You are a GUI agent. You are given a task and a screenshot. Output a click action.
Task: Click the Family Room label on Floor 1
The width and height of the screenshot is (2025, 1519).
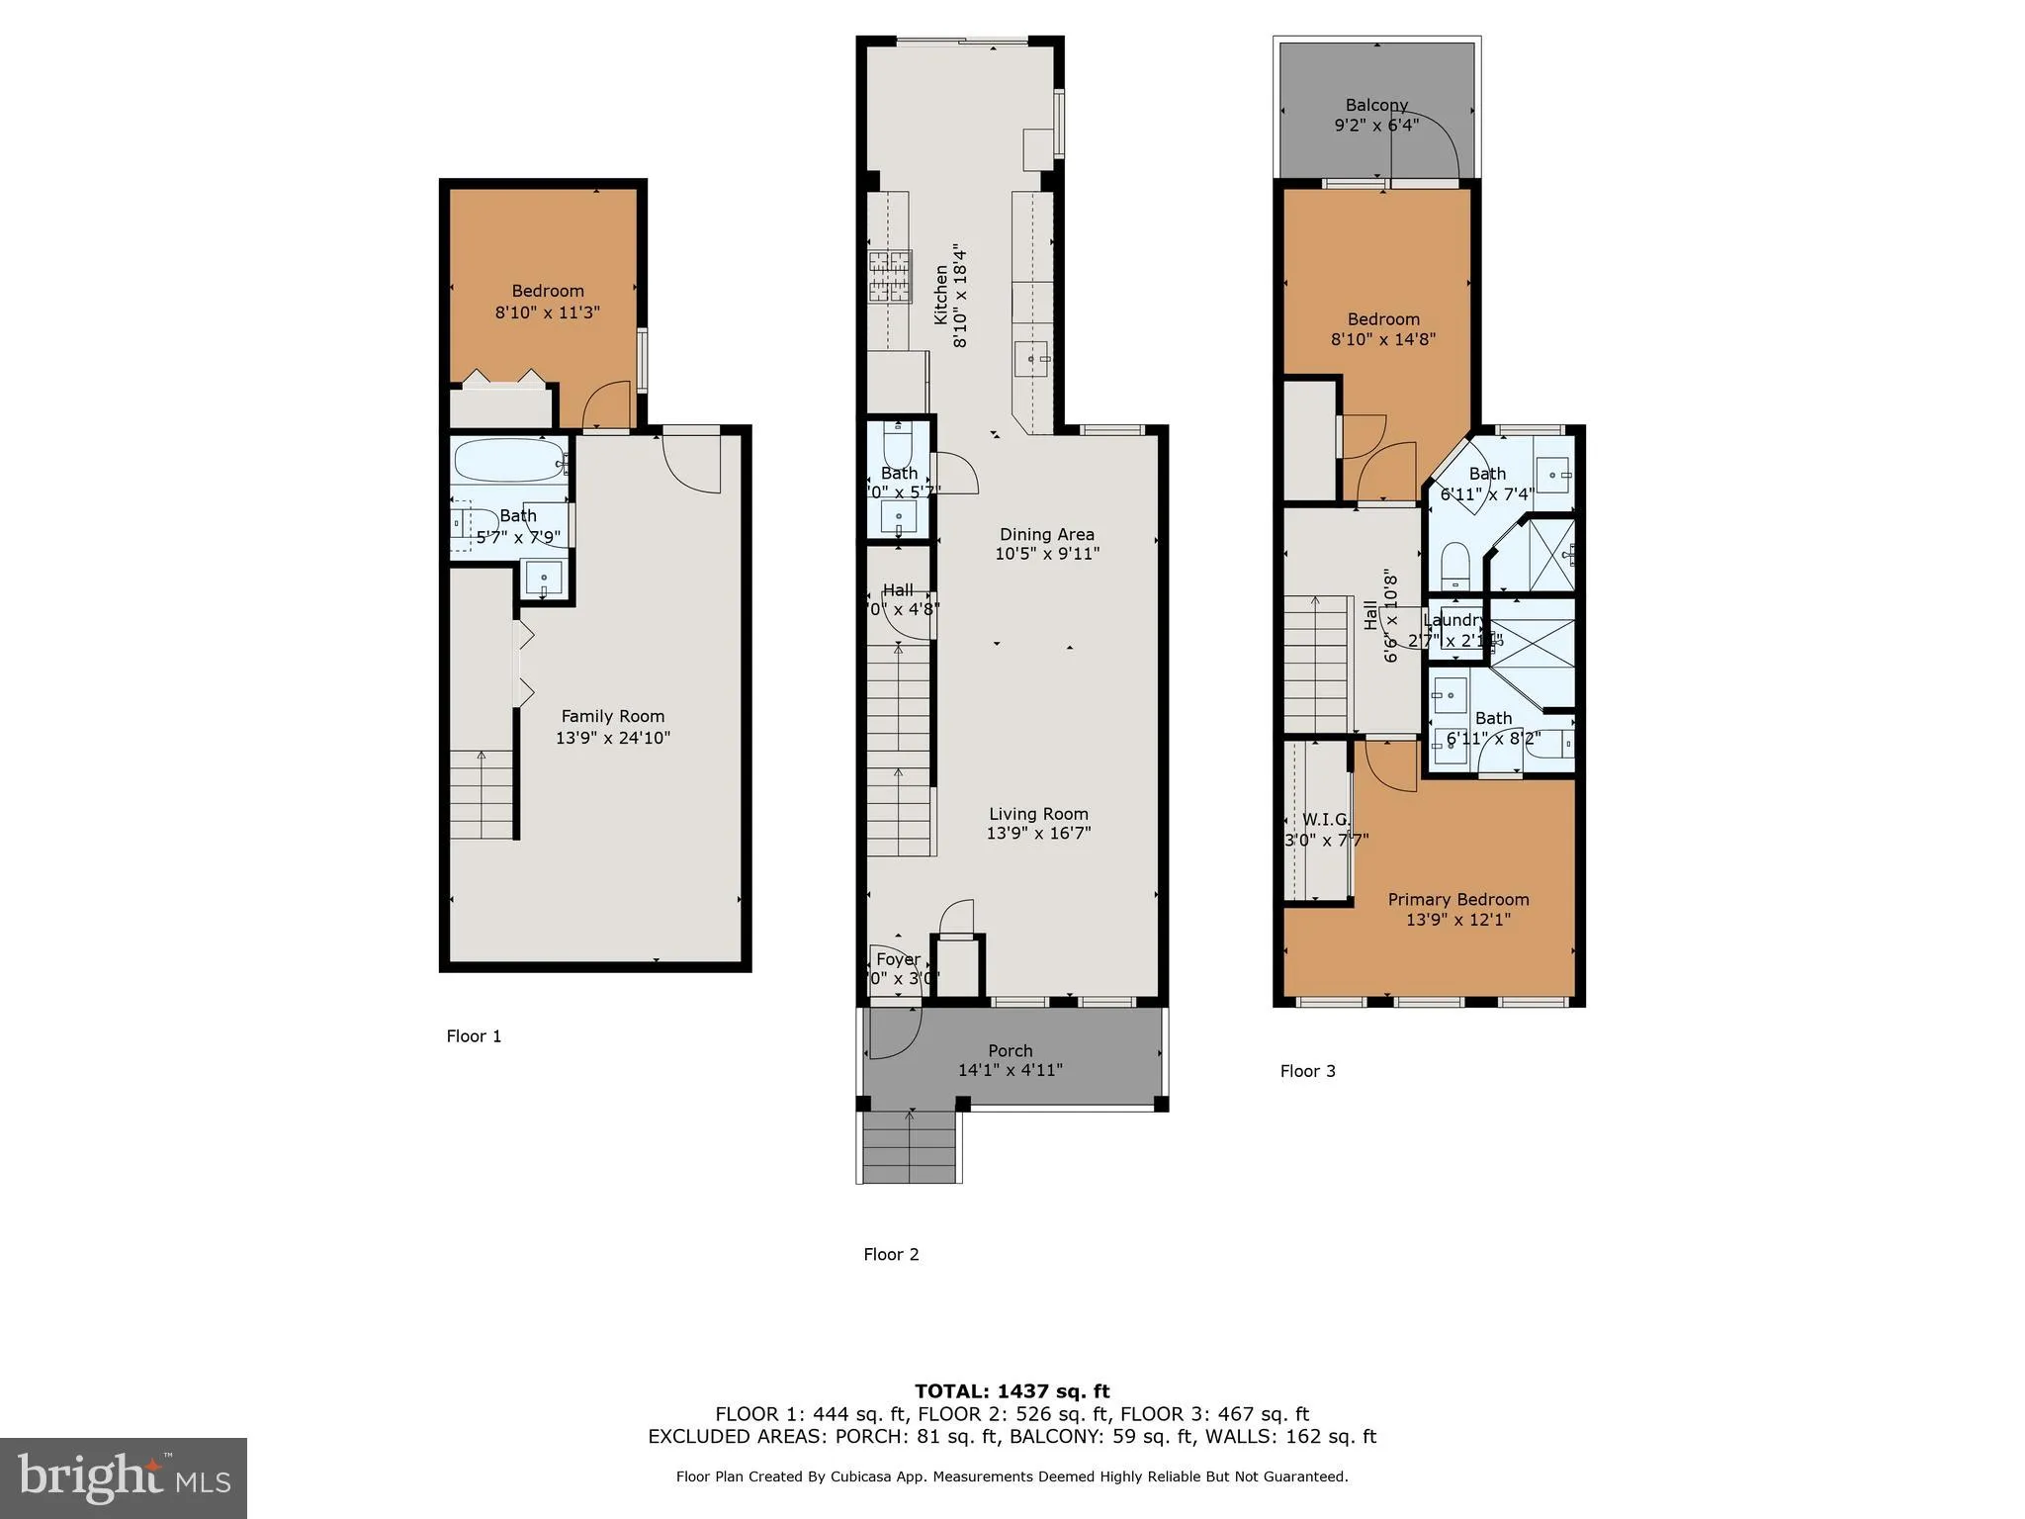click(x=612, y=716)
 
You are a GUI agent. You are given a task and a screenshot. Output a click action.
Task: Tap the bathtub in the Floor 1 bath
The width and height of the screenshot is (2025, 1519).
click(x=508, y=461)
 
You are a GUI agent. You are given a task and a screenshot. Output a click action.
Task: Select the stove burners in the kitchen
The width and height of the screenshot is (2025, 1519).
click(x=889, y=277)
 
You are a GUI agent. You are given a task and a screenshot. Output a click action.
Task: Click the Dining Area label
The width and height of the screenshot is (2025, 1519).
click(x=1046, y=534)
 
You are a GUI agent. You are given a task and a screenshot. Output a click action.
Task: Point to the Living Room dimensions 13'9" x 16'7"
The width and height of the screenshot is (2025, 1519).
click(x=1038, y=833)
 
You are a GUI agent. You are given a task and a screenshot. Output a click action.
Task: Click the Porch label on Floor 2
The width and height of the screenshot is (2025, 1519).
click(x=1010, y=1050)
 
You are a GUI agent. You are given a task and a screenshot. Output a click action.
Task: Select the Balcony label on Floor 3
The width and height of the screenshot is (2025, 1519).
click(x=1375, y=105)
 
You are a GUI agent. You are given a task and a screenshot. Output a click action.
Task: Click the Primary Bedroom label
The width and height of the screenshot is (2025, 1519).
click(x=1457, y=899)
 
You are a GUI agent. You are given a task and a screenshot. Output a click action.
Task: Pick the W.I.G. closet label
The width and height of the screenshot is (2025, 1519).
click(x=1325, y=820)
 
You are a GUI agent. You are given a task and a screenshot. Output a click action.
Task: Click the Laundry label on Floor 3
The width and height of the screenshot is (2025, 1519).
click(x=1453, y=620)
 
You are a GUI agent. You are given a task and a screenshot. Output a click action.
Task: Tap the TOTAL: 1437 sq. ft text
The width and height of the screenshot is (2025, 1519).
click(x=1012, y=1391)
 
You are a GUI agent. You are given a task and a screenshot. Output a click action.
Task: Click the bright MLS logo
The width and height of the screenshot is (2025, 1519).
click(x=124, y=1477)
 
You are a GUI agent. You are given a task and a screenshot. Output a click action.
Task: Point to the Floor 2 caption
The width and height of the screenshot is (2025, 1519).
click(x=891, y=1254)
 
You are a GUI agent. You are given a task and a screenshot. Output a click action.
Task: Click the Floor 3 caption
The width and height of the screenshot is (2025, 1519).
click(x=1307, y=1071)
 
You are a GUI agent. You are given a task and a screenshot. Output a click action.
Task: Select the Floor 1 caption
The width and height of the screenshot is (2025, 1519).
click(x=474, y=1036)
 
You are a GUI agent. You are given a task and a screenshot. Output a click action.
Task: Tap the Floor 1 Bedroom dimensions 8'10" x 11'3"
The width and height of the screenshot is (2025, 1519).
click(x=547, y=312)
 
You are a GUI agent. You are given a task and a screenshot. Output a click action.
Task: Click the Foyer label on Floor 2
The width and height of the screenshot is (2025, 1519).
click(x=898, y=959)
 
